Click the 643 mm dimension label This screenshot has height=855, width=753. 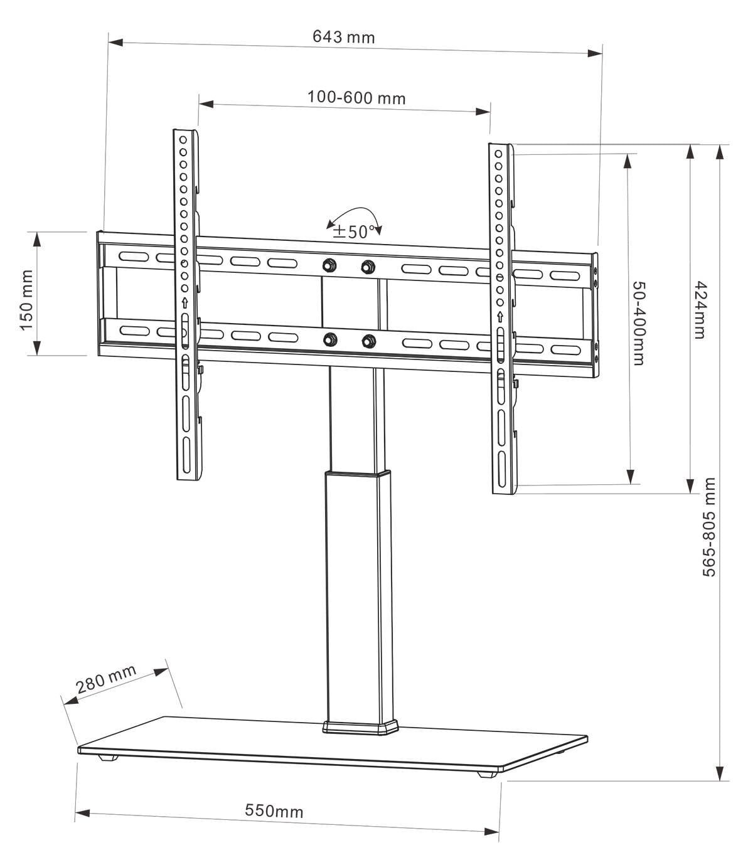pyautogui.click(x=343, y=37)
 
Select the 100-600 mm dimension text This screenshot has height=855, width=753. pyautogui.click(x=356, y=98)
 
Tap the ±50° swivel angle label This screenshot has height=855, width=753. pyautogui.click(x=354, y=231)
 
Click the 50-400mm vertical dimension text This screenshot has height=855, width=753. pyautogui.click(x=639, y=324)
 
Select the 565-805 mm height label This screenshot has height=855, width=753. pyautogui.click(x=709, y=527)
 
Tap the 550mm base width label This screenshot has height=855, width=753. pyautogui.click(x=274, y=811)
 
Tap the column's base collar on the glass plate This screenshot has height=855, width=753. pyautogui.click(x=361, y=728)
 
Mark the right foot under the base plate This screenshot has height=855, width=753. pyautogui.click(x=484, y=774)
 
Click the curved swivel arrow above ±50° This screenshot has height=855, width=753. pyautogui.click(x=355, y=213)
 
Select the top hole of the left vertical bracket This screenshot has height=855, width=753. pyautogui.click(x=183, y=139)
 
